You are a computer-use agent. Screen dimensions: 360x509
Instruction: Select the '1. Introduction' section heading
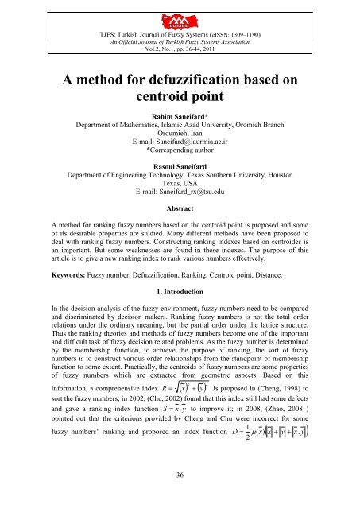click(x=180, y=369)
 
